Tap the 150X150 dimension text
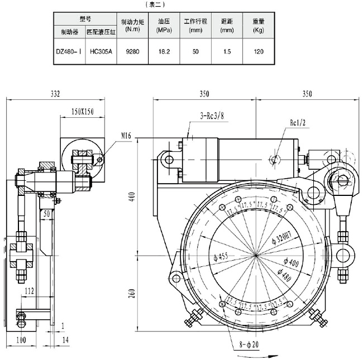tap(83, 112)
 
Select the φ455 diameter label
tap(222, 258)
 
